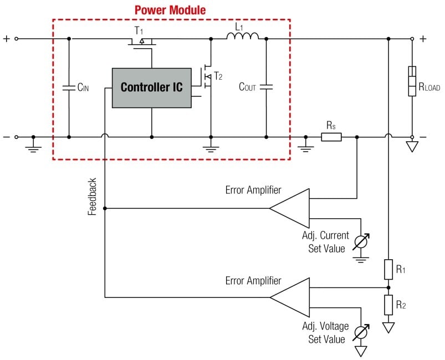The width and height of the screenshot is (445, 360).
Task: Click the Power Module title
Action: click(171, 10)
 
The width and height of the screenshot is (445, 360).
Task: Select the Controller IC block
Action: click(151, 88)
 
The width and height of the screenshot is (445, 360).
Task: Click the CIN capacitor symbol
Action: click(69, 88)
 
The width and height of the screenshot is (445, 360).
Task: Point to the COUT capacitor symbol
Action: click(266, 87)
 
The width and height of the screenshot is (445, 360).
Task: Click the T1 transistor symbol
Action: click(142, 42)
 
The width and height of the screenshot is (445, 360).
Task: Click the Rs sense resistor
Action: click(331, 137)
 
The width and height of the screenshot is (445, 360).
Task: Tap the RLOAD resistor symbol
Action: click(412, 81)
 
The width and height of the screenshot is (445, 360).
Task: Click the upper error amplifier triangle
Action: click(289, 208)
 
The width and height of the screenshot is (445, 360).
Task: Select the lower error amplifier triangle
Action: click(289, 297)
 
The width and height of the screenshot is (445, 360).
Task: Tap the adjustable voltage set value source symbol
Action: click(361, 331)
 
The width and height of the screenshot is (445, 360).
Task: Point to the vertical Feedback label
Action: click(93, 197)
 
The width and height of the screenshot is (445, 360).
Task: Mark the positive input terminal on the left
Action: click(16, 39)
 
